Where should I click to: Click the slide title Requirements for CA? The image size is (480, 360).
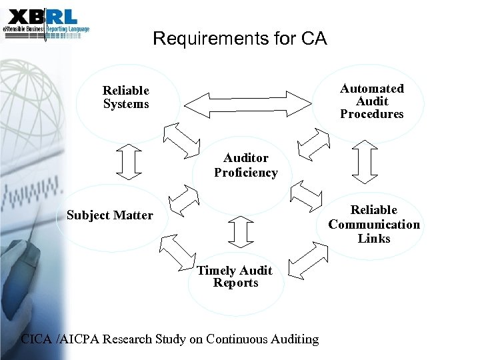[x=240, y=39]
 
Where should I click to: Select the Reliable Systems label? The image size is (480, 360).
[x=125, y=97]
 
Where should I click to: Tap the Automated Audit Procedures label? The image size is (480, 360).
[x=372, y=101]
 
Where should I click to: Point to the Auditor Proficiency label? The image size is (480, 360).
[x=245, y=165]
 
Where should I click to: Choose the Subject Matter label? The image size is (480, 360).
[x=109, y=215]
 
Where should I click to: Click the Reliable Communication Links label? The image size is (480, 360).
[x=374, y=224]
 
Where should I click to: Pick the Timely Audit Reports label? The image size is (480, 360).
[x=235, y=277]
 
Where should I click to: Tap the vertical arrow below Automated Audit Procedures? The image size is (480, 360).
[x=365, y=161]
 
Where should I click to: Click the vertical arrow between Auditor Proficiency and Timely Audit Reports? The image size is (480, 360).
[x=241, y=231]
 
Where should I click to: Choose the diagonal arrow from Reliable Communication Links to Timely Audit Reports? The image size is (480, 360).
[x=307, y=259]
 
